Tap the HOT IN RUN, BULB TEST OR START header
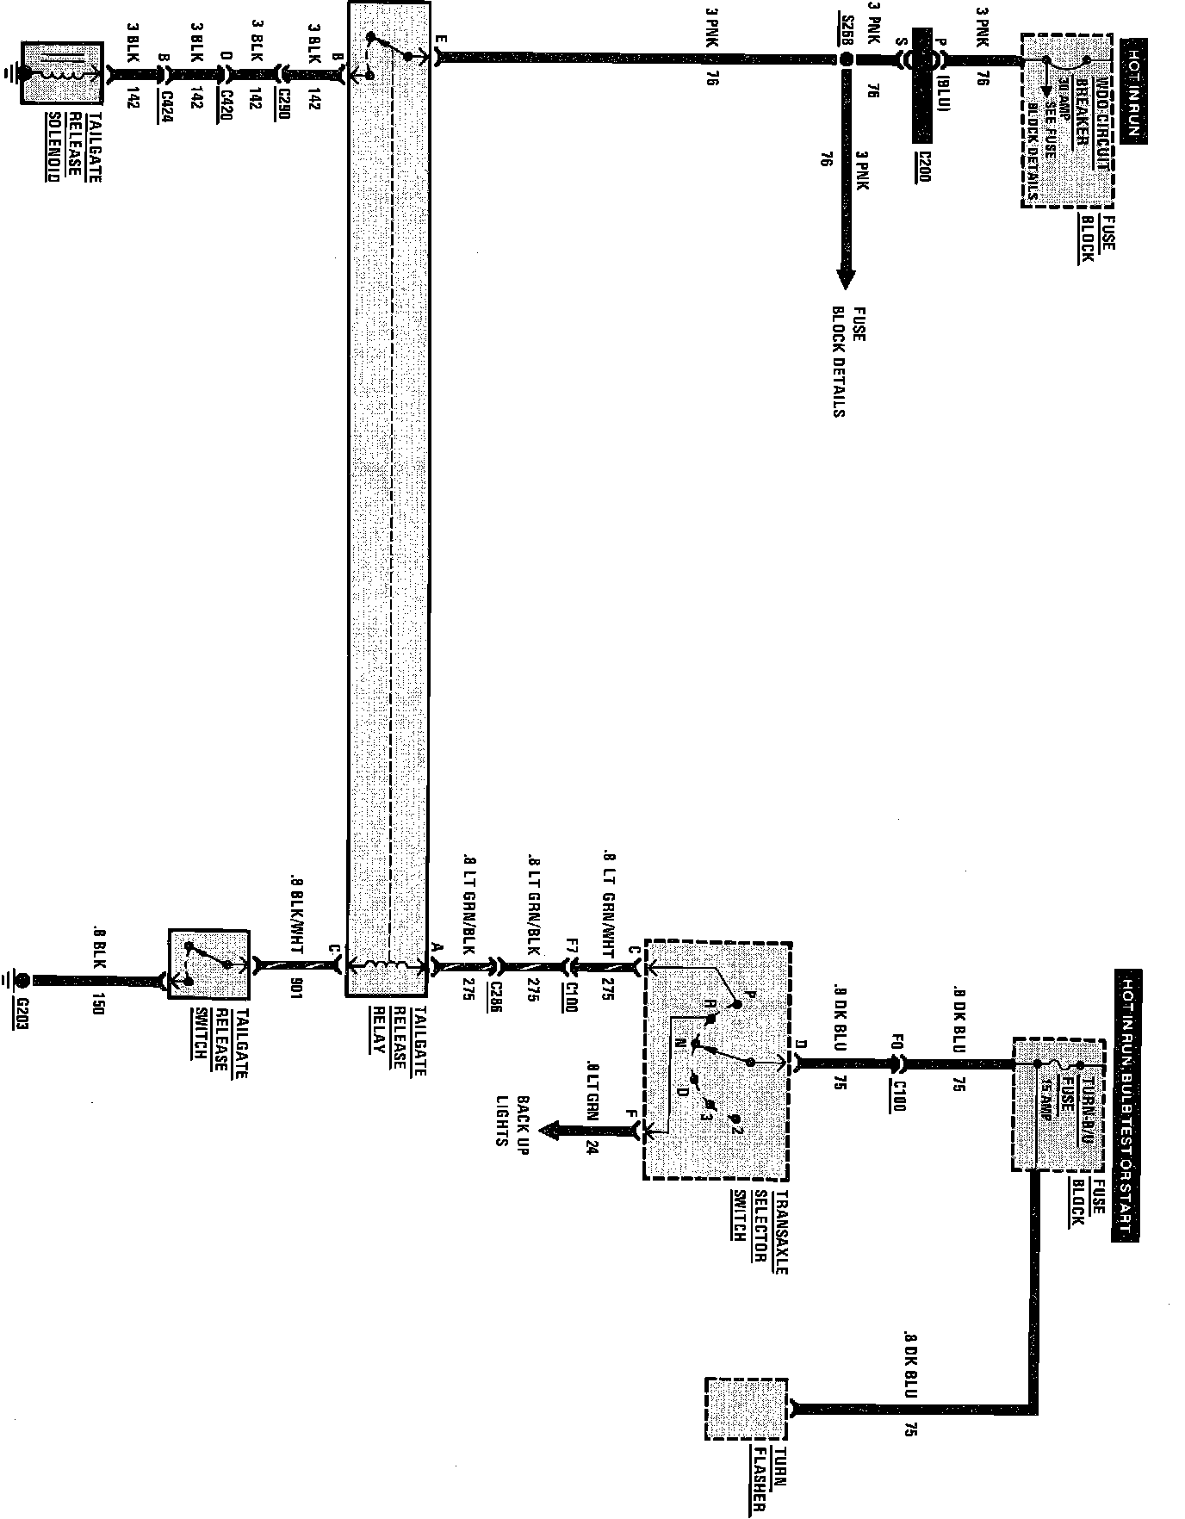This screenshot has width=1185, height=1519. click(1129, 1107)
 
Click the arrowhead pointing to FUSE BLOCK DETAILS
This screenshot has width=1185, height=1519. click(846, 280)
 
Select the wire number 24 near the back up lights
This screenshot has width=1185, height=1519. click(591, 1145)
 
